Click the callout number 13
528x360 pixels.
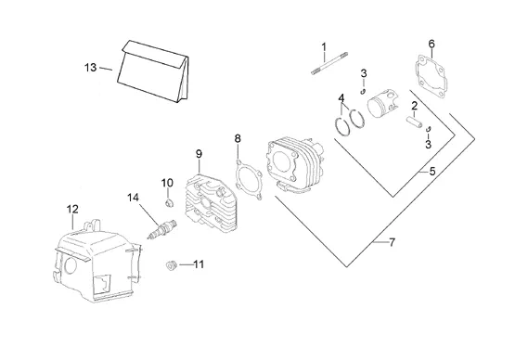click(90, 68)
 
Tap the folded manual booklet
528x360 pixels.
click(153, 71)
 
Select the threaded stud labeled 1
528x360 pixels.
click(329, 63)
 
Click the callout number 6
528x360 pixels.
click(431, 44)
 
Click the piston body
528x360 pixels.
click(382, 104)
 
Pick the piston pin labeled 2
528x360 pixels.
click(415, 122)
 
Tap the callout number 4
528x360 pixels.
click(341, 98)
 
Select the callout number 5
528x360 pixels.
click(432, 172)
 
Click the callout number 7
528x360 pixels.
click(392, 242)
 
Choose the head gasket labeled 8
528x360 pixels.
click(249, 179)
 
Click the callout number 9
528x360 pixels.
click(199, 154)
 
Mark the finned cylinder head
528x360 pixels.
click(212, 203)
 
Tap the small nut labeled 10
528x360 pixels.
click(170, 203)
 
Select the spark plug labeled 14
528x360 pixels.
click(162, 229)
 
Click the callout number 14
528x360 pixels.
click(133, 198)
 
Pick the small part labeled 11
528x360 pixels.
click(172, 265)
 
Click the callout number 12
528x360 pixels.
click(72, 209)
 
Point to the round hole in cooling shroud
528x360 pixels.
click(71, 265)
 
